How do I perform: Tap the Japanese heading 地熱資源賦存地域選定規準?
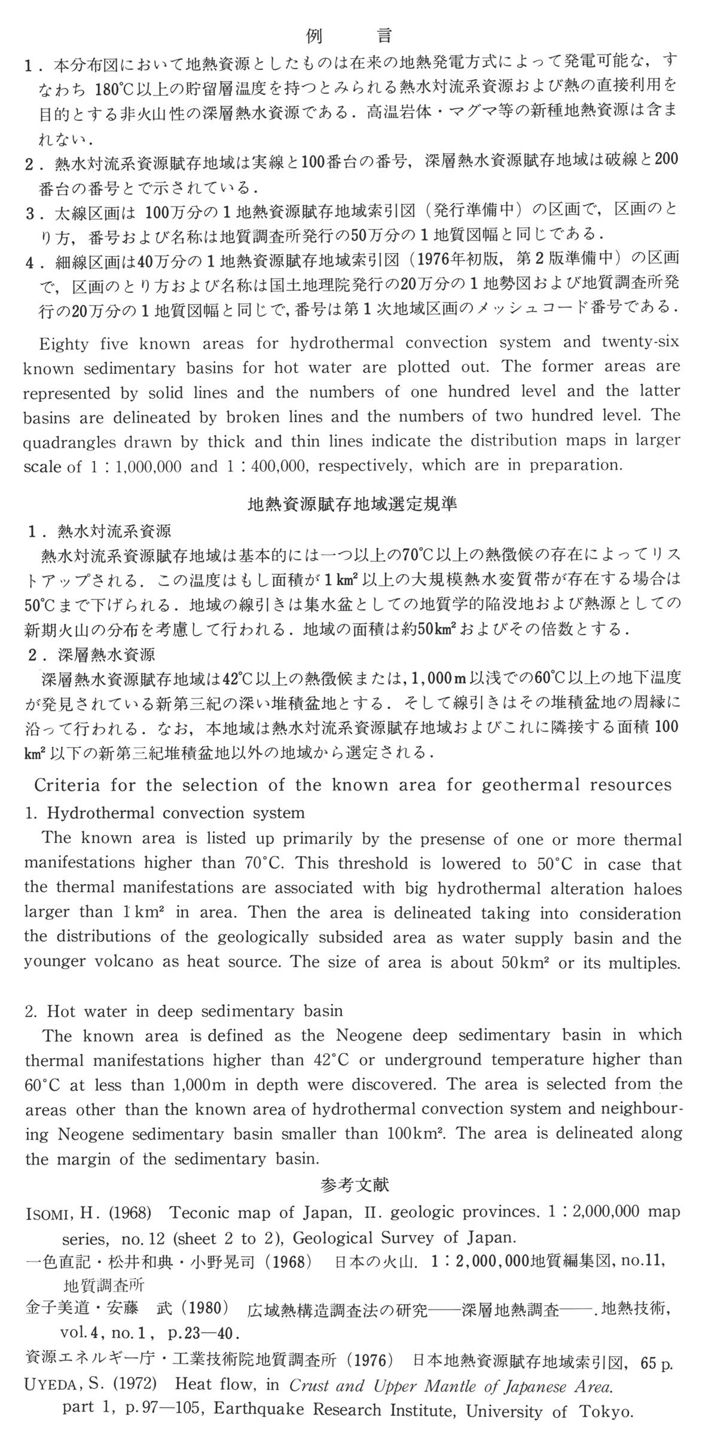[x=352, y=504]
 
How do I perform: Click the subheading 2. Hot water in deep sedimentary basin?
[x=184, y=1011]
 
